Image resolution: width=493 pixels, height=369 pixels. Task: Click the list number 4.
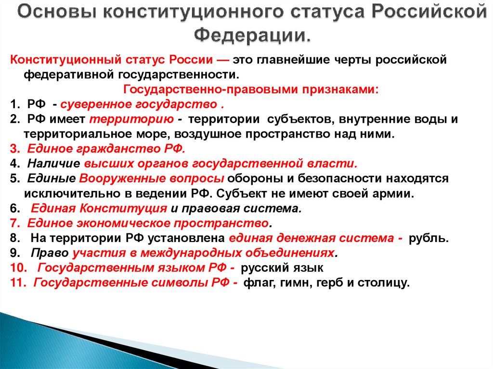(13, 164)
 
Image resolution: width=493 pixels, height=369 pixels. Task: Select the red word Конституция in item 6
(123, 208)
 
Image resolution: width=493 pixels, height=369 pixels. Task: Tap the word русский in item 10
(260, 268)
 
